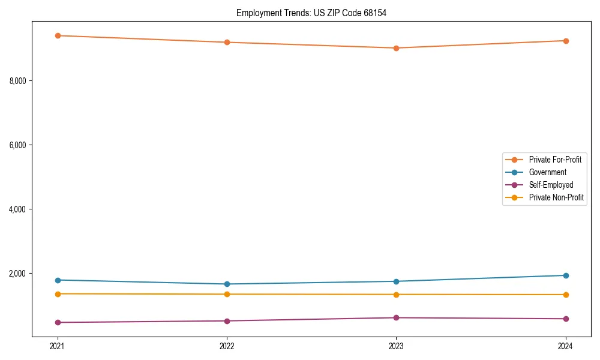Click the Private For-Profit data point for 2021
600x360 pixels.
(58, 35)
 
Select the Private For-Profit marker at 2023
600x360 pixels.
(396, 48)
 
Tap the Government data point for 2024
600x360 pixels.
(566, 275)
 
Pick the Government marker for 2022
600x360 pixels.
(227, 284)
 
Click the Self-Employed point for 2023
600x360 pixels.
(396, 317)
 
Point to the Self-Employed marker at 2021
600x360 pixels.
(58, 322)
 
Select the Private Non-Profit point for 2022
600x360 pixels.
(227, 294)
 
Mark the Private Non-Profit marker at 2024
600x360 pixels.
(566, 295)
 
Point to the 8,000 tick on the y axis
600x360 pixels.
(20, 80)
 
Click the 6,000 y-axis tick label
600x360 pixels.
(20, 145)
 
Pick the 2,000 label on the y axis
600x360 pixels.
(20, 274)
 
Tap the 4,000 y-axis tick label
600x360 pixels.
(20, 209)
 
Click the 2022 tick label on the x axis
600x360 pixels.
(227, 346)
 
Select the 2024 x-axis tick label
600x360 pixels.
(566, 346)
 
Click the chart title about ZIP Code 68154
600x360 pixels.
(311, 13)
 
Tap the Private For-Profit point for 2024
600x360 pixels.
(566, 41)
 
